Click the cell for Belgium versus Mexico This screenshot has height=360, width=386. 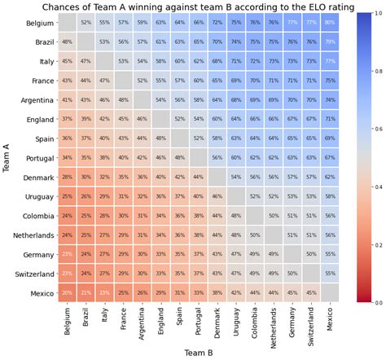pos(330,23)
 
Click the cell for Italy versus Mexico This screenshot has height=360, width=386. pos(330,61)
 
